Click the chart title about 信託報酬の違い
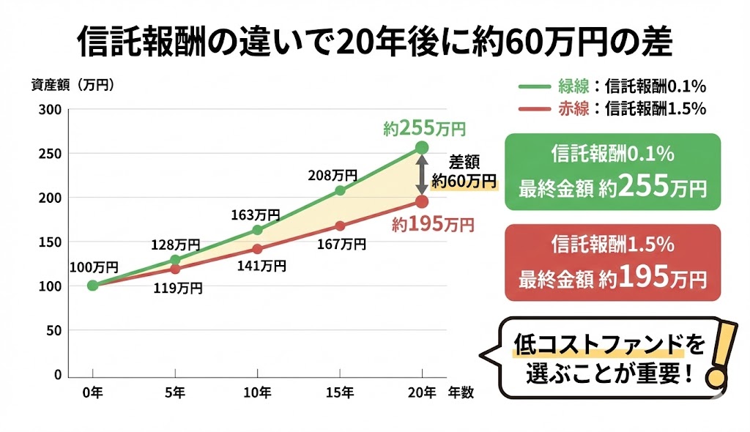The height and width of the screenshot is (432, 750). point(374,43)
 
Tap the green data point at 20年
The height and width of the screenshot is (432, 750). point(422,147)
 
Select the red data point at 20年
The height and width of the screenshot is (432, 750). point(422,201)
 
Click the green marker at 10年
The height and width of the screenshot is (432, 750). point(257,230)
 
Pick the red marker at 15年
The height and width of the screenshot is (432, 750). point(340,226)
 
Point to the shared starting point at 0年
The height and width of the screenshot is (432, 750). point(92,285)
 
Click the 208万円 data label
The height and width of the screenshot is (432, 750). point(333,175)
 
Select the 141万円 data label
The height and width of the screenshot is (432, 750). point(261,266)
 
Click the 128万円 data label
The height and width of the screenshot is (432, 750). point(176,245)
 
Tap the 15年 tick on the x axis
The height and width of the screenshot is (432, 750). point(340,392)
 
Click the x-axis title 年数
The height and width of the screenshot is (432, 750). point(461,392)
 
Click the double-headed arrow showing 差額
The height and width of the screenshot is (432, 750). point(423,174)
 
